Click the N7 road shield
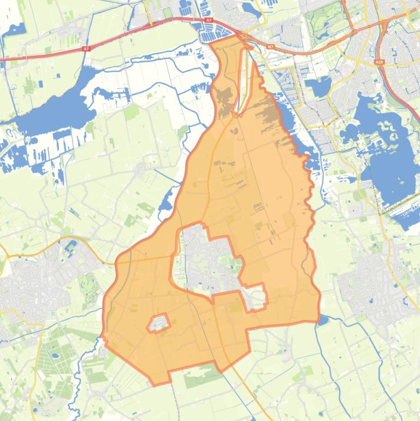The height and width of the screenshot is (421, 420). pos(270,47)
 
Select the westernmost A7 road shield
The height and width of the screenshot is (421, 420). pos(86,49)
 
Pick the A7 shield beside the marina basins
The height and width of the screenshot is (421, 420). pos(209,20)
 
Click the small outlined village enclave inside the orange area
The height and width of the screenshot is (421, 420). pos(158,323)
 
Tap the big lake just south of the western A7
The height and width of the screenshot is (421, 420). pos(55,109)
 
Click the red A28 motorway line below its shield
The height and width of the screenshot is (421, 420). pos(391,87)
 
